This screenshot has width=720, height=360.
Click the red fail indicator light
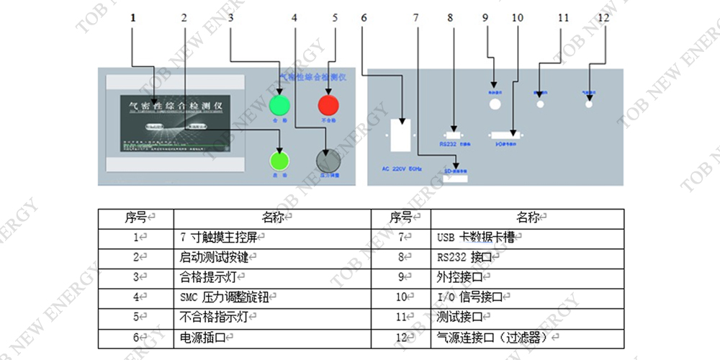(329, 105)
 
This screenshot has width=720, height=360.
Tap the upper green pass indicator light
(279, 105)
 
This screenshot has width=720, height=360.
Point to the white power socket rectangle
(402, 135)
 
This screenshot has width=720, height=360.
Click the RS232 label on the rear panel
(449, 143)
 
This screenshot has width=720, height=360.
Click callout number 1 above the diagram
(134, 19)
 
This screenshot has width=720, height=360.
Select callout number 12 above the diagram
(603, 19)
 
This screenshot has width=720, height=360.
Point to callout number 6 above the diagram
(364, 19)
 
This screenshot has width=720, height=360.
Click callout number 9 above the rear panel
(485, 19)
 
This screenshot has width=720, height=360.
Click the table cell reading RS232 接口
(464, 256)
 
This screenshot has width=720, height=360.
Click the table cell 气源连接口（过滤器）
(497, 336)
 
